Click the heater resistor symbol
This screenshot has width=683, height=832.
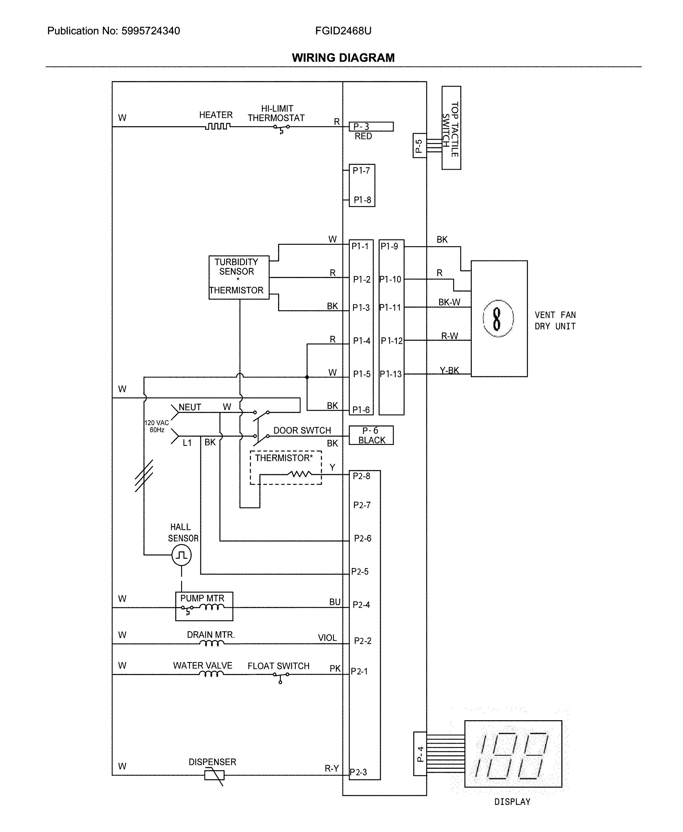[217, 126]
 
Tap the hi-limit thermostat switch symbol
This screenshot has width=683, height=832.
[282, 128]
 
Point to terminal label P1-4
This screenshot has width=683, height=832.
[361, 340]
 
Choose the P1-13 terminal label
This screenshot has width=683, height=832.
[391, 374]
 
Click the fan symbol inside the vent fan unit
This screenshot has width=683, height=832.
[497, 318]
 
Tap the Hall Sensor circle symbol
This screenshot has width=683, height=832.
[181, 555]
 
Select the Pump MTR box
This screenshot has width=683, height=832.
[204, 606]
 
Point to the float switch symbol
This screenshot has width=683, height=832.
[281, 675]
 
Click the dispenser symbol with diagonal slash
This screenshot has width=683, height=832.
[214, 775]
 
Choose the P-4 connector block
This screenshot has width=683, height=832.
[420, 754]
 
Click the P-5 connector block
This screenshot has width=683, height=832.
[419, 146]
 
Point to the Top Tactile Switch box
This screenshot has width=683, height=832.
[451, 128]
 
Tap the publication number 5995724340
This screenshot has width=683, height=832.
[150, 31]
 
